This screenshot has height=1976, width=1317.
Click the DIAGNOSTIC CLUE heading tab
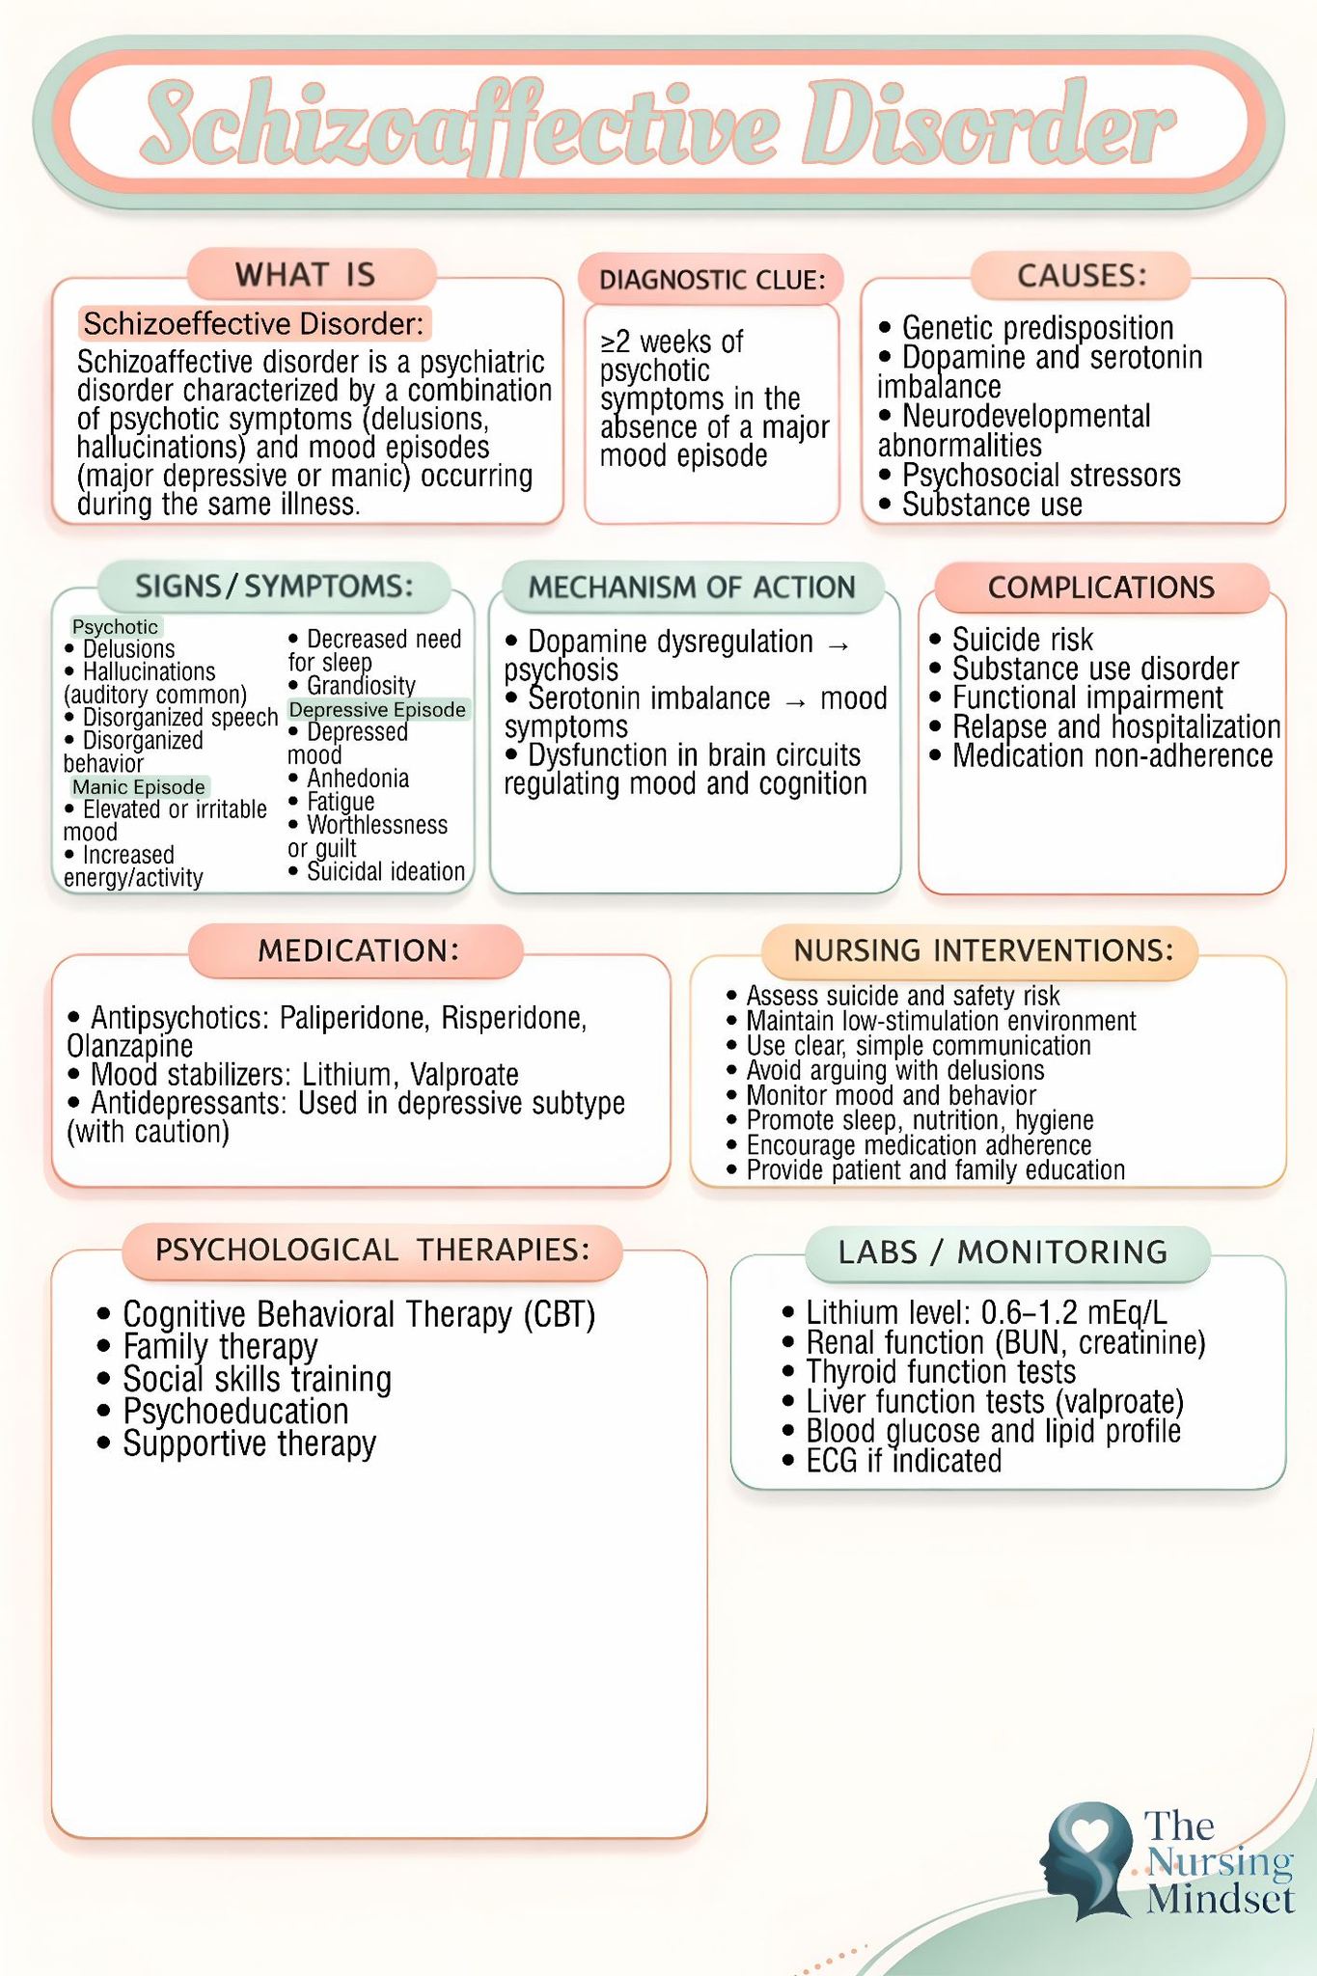[x=711, y=280]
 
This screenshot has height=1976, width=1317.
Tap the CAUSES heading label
[x=1082, y=276]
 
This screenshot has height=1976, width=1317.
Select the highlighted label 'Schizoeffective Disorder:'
[x=254, y=323]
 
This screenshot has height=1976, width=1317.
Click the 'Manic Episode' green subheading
[x=139, y=787]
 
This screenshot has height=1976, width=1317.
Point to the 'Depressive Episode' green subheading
[x=378, y=710]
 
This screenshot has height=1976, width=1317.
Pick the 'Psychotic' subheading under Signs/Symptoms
[x=115, y=627]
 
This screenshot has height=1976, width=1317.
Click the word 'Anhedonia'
[x=358, y=779]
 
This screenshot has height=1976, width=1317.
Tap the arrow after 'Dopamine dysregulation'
[x=838, y=645]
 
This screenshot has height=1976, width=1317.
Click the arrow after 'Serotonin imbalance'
[x=796, y=701]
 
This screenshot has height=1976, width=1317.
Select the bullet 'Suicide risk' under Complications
[x=1011, y=640]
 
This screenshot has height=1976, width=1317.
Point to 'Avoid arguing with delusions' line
[x=885, y=1070]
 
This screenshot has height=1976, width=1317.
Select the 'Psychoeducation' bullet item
[x=224, y=1412]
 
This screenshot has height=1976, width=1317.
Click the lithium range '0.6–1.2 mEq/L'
[x=1074, y=1312]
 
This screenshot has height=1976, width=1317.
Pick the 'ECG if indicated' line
[x=892, y=1461]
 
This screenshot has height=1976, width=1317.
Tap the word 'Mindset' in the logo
[x=1221, y=1900]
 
